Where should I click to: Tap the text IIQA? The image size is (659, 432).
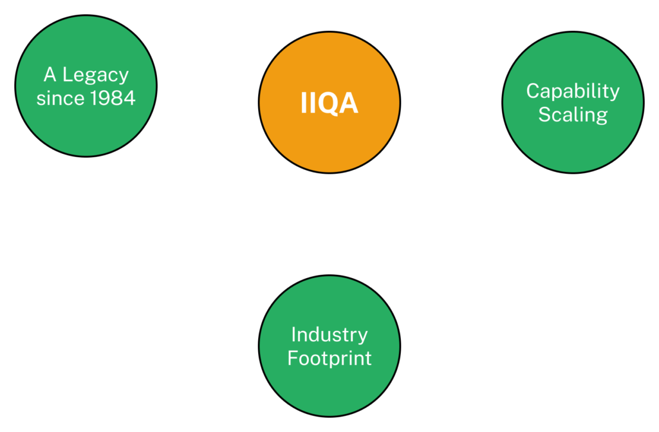(x=329, y=104)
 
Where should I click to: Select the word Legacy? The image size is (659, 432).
(x=95, y=76)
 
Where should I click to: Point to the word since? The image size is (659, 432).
(x=60, y=99)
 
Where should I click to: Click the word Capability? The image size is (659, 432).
(x=573, y=91)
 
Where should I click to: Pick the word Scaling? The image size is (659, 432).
(x=573, y=115)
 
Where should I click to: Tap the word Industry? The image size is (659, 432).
(x=329, y=335)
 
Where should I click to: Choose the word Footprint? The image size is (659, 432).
(x=329, y=358)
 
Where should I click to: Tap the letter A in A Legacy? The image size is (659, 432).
(x=50, y=75)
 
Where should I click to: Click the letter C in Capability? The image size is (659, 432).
(x=533, y=91)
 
